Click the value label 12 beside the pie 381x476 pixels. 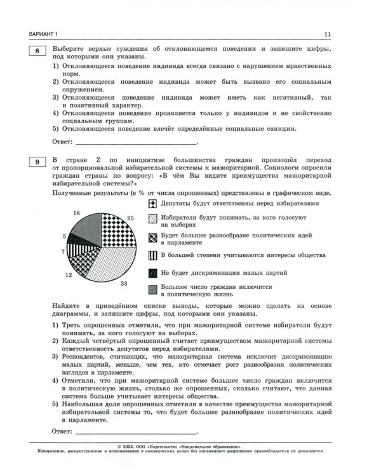(69, 275)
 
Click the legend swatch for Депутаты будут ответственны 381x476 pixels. (152, 204)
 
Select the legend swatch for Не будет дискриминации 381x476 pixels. (152, 272)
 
